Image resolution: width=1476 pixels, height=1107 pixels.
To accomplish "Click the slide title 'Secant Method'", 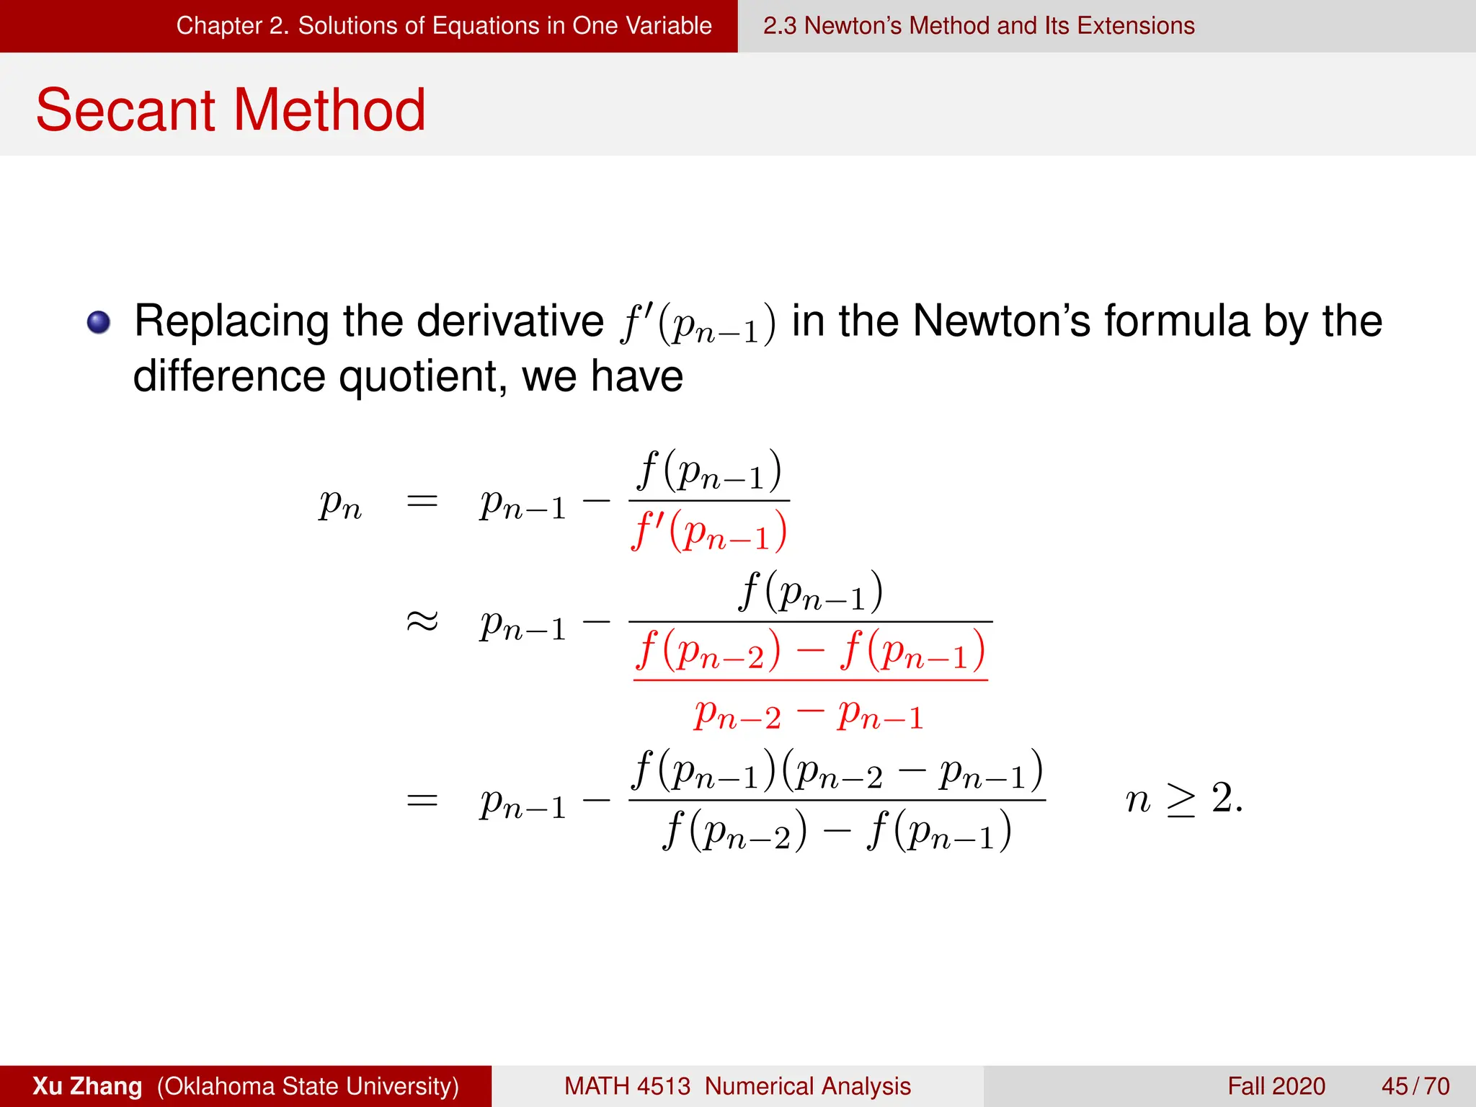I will [x=231, y=110].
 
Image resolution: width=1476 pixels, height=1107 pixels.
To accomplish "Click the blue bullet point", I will [x=99, y=322].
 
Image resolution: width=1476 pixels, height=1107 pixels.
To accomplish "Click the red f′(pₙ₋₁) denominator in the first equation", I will [x=709, y=531].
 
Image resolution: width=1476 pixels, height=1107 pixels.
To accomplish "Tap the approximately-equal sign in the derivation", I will [x=422, y=621].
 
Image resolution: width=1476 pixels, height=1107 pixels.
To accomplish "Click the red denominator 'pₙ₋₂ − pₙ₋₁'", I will [x=809, y=716].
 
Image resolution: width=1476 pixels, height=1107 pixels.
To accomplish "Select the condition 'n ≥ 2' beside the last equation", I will [x=1183, y=799].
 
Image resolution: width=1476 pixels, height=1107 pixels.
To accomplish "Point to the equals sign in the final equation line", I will [x=422, y=800].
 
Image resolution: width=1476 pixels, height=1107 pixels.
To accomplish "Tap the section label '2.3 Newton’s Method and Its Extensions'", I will [x=979, y=26].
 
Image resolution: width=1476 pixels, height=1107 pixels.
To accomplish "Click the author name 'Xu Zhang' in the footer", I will [x=87, y=1086].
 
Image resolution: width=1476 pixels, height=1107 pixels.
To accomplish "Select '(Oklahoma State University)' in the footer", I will [x=308, y=1086].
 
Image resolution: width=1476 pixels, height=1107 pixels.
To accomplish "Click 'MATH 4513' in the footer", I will [x=627, y=1086].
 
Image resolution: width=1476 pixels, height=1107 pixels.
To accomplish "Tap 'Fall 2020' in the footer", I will [x=1276, y=1086].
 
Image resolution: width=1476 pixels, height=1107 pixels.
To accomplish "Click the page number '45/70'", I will [x=1415, y=1086].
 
